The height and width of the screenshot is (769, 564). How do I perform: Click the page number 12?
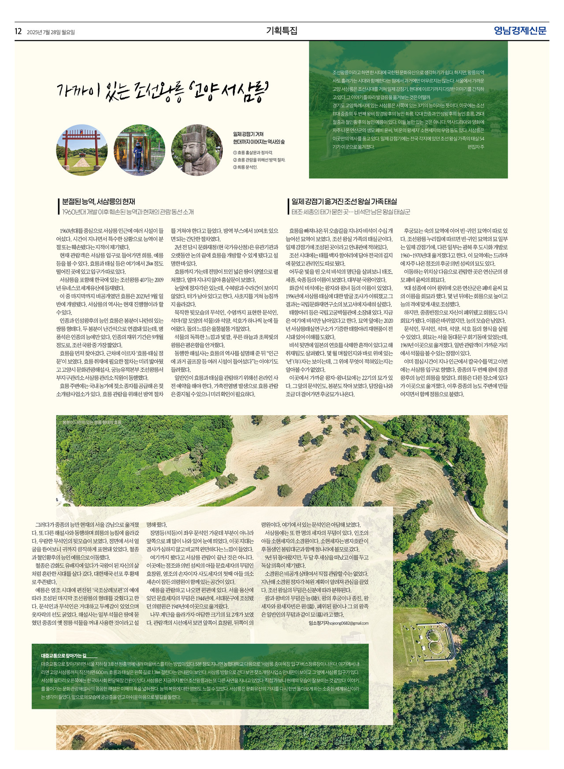(x=18, y=32)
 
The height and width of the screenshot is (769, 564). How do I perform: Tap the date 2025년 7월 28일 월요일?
(x=51, y=32)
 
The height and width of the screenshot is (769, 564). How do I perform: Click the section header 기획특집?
(x=282, y=31)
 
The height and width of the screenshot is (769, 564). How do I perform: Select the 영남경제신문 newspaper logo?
(x=520, y=31)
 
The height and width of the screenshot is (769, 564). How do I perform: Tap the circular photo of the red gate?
(x=82, y=150)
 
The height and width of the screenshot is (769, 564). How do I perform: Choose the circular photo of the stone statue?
(x=197, y=150)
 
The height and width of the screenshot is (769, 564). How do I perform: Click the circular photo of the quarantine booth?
(x=139, y=150)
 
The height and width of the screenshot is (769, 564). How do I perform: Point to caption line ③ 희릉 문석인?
(x=245, y=167)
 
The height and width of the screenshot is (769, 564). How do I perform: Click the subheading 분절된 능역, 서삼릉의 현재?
(x=98, y=202)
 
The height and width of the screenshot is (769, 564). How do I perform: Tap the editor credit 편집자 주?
(x=475, y=147)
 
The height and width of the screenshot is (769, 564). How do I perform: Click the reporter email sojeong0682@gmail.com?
(x=349, y=623)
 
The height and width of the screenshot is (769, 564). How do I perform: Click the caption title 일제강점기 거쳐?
(x=248, y=134)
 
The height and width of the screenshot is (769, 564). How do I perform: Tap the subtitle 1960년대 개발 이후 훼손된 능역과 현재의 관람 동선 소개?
(x=128, y=212)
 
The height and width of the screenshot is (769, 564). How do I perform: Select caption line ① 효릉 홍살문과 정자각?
(x=253, y=152)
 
